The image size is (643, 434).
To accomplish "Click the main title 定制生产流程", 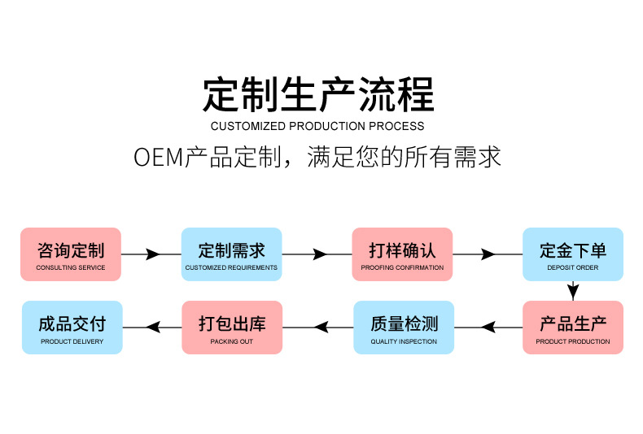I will [x=318, y=94].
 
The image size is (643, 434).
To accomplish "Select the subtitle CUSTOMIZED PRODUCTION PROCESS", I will [x=317, y=126].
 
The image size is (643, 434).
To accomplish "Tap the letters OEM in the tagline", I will [x=159, y=157].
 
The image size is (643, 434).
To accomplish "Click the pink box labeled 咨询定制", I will [x=71, y=254].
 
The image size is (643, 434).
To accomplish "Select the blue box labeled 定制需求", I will [x=231, y=254].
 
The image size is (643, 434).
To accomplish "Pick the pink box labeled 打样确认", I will [x=402, y=254].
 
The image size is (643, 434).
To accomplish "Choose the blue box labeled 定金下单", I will [x=572, y=254].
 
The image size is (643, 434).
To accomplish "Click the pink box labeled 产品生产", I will [x=572, y=328].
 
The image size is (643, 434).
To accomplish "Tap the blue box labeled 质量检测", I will [x=404, y=328].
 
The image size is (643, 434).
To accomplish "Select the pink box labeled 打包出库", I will [x=232, y=328].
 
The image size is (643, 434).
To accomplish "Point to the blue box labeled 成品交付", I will [x=72, y=328].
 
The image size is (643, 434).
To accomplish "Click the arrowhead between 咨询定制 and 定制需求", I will [x=152, y=254].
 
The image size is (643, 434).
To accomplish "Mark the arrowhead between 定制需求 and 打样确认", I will [x=320, y=254].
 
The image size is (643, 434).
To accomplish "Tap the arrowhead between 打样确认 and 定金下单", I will [x=488, y=254].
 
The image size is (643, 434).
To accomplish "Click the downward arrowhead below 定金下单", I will [x=573, y=290].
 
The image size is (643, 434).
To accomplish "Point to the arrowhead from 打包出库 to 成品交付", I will [x=152, y=328].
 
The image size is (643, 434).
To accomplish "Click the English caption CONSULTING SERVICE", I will [x=71, y=267].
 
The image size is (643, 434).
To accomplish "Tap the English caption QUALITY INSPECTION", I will [x=404, y=341].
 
